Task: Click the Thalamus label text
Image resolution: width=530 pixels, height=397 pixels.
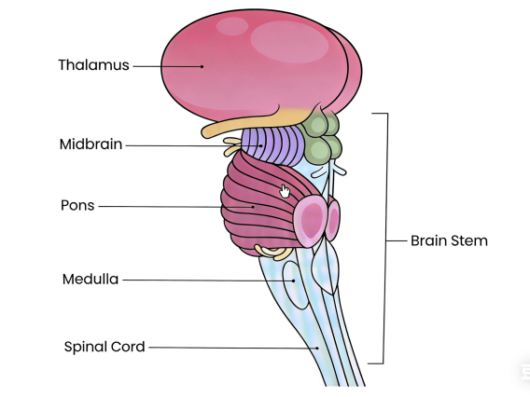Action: pyautogui.click(x=92, y=65)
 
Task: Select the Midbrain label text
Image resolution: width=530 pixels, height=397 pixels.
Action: pyautogui.click(x=91, y=144)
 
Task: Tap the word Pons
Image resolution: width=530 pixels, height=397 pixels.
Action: pyautogui.click(x=77, y=206)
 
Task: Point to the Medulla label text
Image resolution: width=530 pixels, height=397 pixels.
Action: pyautogui.click(x=91, y=279)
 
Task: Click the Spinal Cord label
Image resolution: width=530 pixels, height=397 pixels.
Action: pyautogui.click(x=105, y=347)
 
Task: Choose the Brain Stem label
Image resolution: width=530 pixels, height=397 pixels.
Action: pyautogui.click(x=449, y=240)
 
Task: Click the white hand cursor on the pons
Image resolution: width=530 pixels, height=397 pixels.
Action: pyautogui.click(x=286, y=191)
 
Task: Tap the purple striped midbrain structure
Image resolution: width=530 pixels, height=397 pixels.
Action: pyautogui.click(x=271, y=144)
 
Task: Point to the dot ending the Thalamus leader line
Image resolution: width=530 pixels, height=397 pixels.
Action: pyautogui.click(x=201, y=65)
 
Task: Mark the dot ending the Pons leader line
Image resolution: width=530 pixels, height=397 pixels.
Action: pyautogui.click(x=253, y=206)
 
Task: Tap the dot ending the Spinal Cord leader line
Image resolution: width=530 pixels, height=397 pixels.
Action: pyautogui.click(x=316, y=347)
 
